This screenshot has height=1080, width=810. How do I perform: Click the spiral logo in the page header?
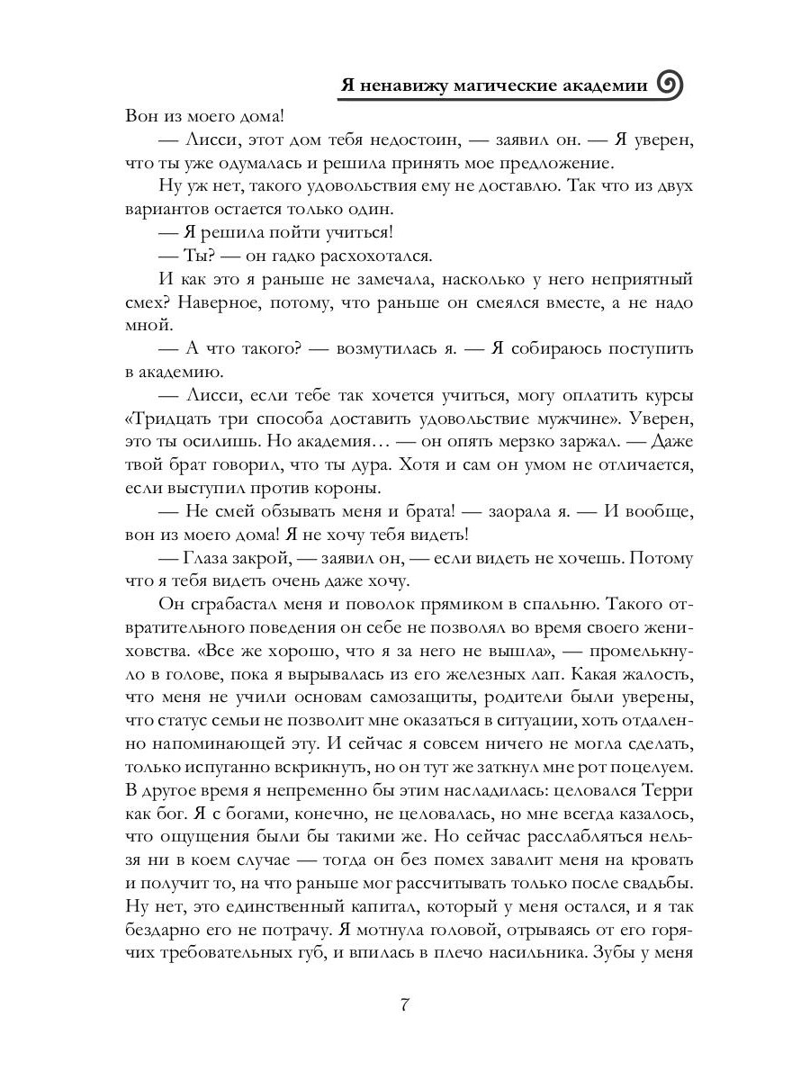[x=671, y=85]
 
